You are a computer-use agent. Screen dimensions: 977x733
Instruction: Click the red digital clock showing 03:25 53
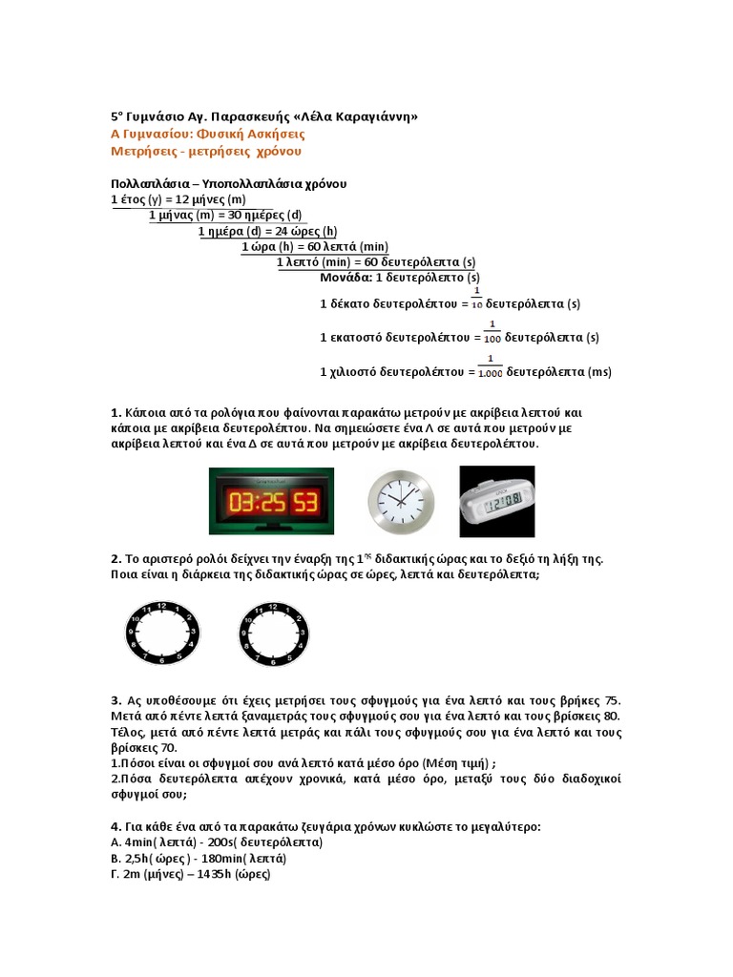click(x=271, y=501)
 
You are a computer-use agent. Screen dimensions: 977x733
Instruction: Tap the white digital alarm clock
click(x=498, y=501)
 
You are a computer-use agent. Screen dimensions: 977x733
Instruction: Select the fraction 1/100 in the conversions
click(x=491, y=331)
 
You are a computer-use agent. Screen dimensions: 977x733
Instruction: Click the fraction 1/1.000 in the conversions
click(x=490, y=366)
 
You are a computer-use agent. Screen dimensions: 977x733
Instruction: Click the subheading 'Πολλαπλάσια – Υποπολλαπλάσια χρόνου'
click(x=228, y=182)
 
